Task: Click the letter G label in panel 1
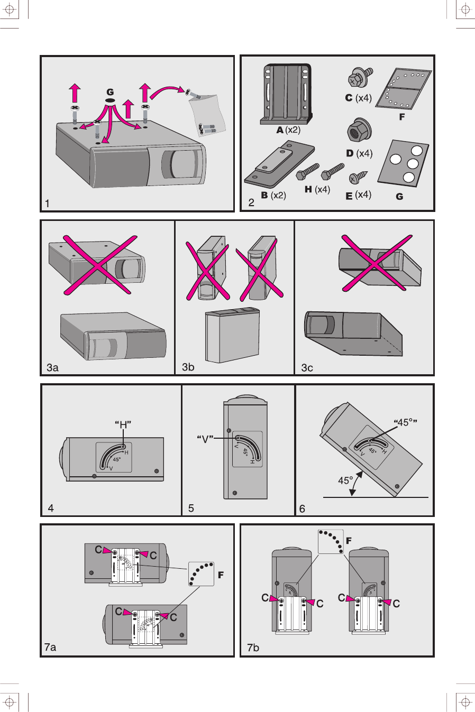(x=110, y=92)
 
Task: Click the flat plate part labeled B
(x=279, y=167)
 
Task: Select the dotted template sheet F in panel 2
(x=404, y=88)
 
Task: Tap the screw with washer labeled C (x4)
(x=360, y=78)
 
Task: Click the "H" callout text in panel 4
(x=123, y=424)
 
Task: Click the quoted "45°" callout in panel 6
(x=405, y=422)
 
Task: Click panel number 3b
(x=188, y=367)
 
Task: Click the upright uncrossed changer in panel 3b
(x=232, y=336)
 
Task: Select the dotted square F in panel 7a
(x=201, y=574)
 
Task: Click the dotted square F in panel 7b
(x=331, y=542)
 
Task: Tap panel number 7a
(x=50, y=647)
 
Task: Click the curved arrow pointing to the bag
(x=166, y=93)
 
